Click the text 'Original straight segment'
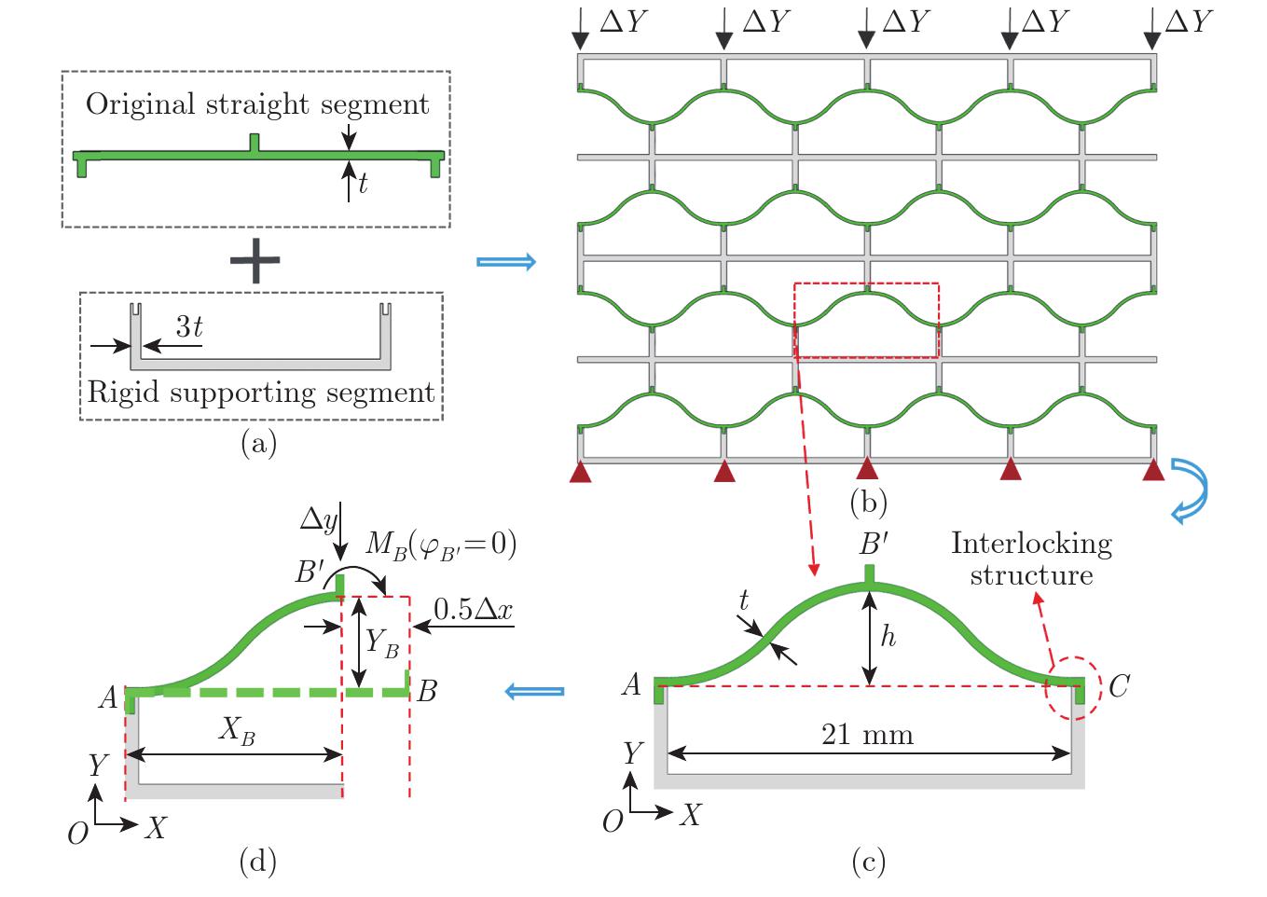coord(257,104)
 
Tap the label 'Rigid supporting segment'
coord(261,393)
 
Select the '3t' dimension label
coord(189,326)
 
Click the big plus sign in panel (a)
coord(255,260)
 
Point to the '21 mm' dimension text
coord(867,735)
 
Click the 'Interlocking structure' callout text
coord(1031,559)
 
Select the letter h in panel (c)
coord(888,636)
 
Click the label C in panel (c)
coord(1119,687)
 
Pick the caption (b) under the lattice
coord(868,503)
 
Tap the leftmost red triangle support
coord(581,473)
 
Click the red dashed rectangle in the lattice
coord(866,320)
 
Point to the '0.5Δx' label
coord(473,610)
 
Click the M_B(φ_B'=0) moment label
coord(441,544)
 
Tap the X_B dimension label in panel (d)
coord(238,731)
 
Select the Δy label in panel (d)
coord(318,519)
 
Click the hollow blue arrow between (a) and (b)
coord(506,262)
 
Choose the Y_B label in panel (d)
coord(381,642)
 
